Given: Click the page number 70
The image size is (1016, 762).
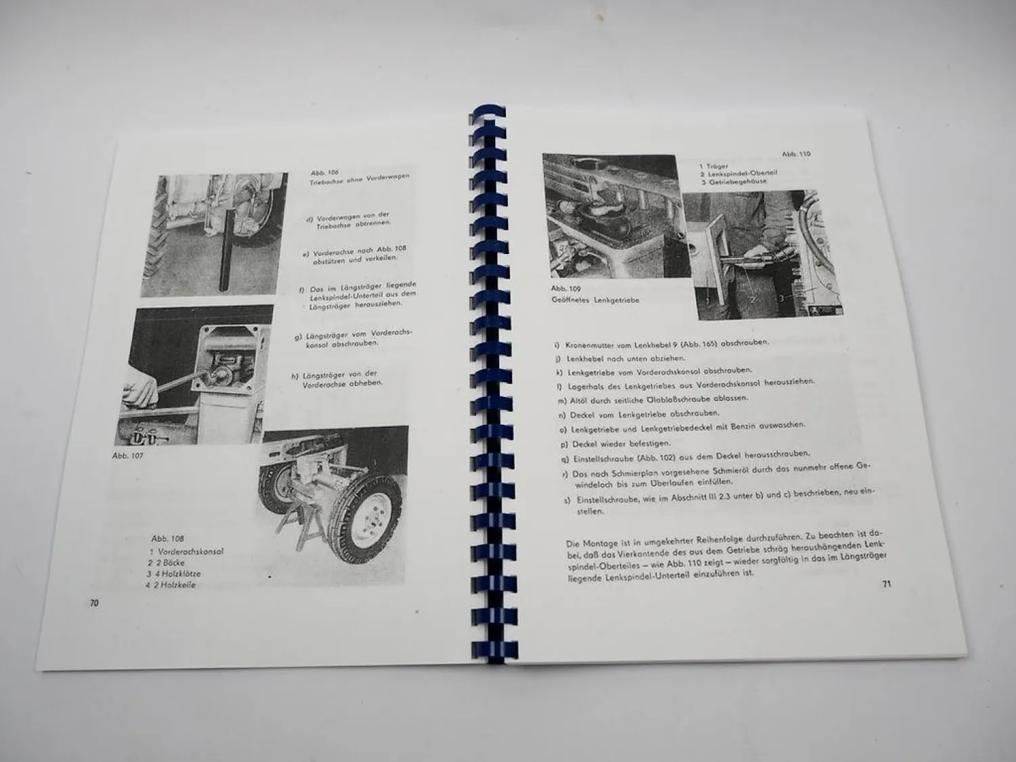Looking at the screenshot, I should click(x=94, y=603).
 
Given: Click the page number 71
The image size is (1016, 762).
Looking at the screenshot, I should click(x=887, y=583).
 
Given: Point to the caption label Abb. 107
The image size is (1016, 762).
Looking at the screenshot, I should click(x=127, y=456).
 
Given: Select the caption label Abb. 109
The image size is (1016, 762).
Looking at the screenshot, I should click(x=566, y=289).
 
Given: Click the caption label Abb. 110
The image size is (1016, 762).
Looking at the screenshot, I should click(x=796, y=154).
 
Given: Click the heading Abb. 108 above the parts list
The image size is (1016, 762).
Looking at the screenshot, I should click(x=167, y=538).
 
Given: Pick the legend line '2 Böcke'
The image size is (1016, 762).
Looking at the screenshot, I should click(x=166, y=562).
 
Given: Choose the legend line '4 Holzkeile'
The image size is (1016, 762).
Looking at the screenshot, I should click(x=171, y=585).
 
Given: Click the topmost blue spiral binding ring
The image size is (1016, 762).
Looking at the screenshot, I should click(x=488, y=113).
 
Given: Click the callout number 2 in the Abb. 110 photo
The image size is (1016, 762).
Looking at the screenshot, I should click(x=751, y=297).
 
